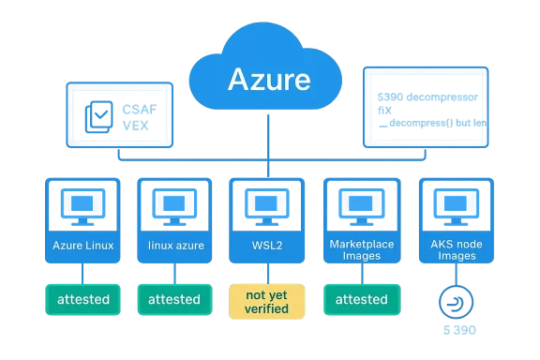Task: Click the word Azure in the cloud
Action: (x=268, y=79)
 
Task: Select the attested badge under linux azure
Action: (x=173, y=299)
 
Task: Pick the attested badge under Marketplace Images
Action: (x=361, y=299)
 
